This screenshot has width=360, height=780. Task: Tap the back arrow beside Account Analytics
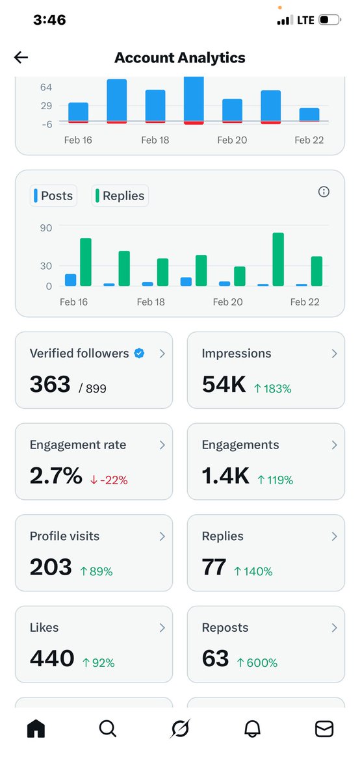pyautogui.click(x=21, y=58)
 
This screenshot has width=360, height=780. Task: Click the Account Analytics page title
pyautogui.click(x=180, y=58)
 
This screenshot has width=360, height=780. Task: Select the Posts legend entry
pyautogui.click(x=53, y=196)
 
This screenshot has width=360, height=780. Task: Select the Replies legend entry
pyautogui.click(x=120, y=196)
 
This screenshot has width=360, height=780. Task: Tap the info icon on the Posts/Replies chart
pyautogui.click(x=324, y=192)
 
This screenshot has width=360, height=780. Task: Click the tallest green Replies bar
pyautogui.click(x=278, y=259)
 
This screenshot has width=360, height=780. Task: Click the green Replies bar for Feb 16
pyautogui.click(x=86, y=263)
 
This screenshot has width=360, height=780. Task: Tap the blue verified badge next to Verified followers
pyautogui.click(x=139, y=354)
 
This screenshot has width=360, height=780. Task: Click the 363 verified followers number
pyautogui.click(x=50, y=385)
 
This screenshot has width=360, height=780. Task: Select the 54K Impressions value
pyautogui.click(x=224, y=385)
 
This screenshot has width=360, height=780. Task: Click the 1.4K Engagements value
pyautogui.click(x=225, y=476)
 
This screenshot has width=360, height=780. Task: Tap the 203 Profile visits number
pyautogui.click(x=51, y=567)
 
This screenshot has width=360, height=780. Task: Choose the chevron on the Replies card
pyautogui.click(x=334, y=536)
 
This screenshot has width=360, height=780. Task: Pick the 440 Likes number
pyautogui.click(x=52, y=659)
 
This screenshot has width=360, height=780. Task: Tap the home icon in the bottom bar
pyautogui.click(x=36, y=730)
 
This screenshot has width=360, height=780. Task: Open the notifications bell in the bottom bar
pyautogui.click(x=252, y=730)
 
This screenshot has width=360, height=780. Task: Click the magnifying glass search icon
pyautogui.click(x=108, y=730)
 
